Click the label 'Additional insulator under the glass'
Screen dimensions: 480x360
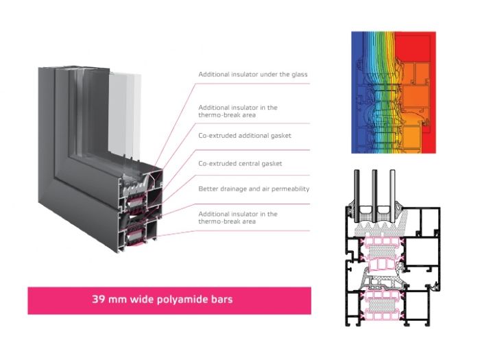[253, 74]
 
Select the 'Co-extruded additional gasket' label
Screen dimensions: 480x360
[245, 136]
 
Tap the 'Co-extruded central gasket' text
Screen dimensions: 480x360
[240, 163]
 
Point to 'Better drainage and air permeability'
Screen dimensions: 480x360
[254, 189]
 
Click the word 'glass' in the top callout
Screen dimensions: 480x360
[300, 74]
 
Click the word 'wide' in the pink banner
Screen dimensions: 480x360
[142, 299]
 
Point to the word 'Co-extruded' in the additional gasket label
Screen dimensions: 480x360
[217, 136]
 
